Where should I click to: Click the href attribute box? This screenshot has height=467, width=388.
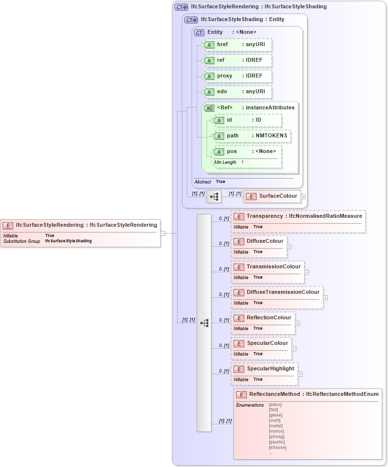tap(237, 45)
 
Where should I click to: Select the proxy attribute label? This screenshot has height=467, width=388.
tap(225, 76)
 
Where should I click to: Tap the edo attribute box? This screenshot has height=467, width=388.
tap(237, 92)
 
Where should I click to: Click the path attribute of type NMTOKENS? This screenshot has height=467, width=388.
tap(251, 136)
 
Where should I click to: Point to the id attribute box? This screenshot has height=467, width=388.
tap(246, 120)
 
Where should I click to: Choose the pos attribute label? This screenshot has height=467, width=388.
tap(232, 152)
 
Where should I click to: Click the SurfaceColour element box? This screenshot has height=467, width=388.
tap(272, 196)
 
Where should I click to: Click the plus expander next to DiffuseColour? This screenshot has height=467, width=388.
tap(289, 247)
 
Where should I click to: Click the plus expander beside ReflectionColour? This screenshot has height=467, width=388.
tap(297, 323)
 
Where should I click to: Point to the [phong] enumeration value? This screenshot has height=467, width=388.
tap(277, 437)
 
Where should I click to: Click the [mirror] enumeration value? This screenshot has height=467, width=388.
tap(276, 431)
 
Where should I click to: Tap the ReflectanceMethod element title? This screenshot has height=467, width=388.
tap(308, 394)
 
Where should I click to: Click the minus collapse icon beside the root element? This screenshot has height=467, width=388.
tap(163, 233)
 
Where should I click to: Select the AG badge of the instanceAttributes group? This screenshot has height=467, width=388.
tap(209, 108)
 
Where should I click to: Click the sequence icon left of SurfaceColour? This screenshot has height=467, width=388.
tap(214, 197)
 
